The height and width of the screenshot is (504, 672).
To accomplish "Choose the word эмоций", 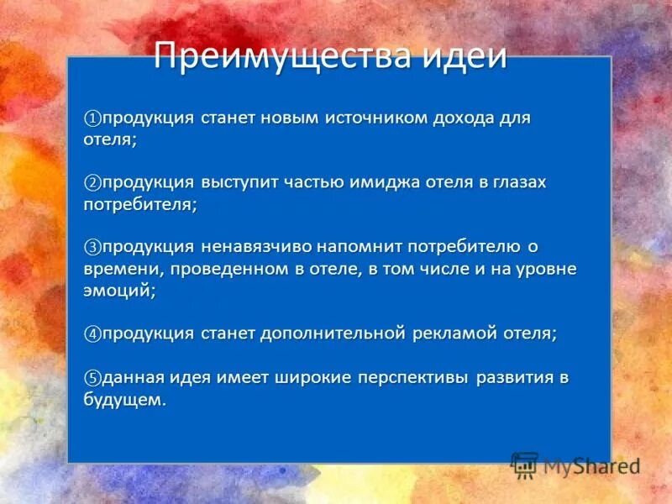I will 118,291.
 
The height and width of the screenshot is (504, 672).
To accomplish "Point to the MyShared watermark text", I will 591,465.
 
